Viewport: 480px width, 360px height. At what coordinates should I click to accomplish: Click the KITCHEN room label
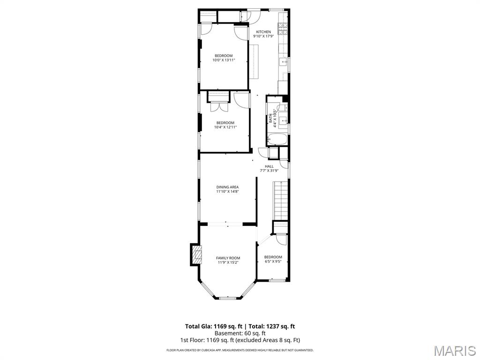point(263,32)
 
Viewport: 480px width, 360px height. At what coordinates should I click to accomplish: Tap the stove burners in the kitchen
point(283,30)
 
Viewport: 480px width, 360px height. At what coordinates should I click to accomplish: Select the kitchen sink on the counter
point(284,61)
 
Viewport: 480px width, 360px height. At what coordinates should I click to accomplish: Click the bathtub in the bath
point(277,140)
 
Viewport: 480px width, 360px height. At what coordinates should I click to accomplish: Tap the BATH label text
point(271,120)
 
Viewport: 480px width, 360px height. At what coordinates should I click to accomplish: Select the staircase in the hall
point(280,201)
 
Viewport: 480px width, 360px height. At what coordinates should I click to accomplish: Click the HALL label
point(269,166)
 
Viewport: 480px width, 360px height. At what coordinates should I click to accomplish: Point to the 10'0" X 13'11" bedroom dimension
point(223,60)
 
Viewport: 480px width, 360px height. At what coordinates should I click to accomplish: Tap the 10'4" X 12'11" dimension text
point(225,127)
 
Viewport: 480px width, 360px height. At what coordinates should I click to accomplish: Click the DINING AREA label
point(227,187)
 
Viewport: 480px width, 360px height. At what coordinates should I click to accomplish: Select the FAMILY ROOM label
point(228,258)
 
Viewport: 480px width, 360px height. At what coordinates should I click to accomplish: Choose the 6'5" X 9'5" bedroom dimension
point(273,262)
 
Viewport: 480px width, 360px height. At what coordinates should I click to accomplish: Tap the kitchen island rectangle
point(254,61)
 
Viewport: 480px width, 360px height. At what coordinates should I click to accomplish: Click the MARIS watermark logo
point(454,350)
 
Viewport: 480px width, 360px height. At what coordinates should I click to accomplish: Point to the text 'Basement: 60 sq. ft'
point(240,333)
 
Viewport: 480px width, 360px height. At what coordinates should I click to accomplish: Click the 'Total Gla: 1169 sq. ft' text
point(213,326)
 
